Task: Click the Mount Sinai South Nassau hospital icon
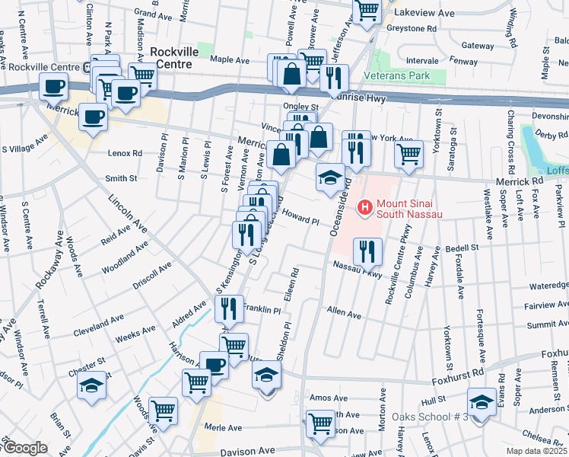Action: pyautogui.click(x=364, y=206)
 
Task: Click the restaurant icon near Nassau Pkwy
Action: pyautogui.click(x=367, y=251)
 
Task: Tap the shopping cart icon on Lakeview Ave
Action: pyautogui.click(x=367, y=11)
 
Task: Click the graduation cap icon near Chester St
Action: pyautogui.click(x=91, y=385)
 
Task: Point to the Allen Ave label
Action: pyautogui.click(x=344, y=313)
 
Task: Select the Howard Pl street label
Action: pyautogui.click(x=300, y=219)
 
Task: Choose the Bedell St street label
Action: pyautogui.click(x=462, y=248)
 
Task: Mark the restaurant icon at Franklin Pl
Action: pyautogui.click(x=227, y=308)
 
